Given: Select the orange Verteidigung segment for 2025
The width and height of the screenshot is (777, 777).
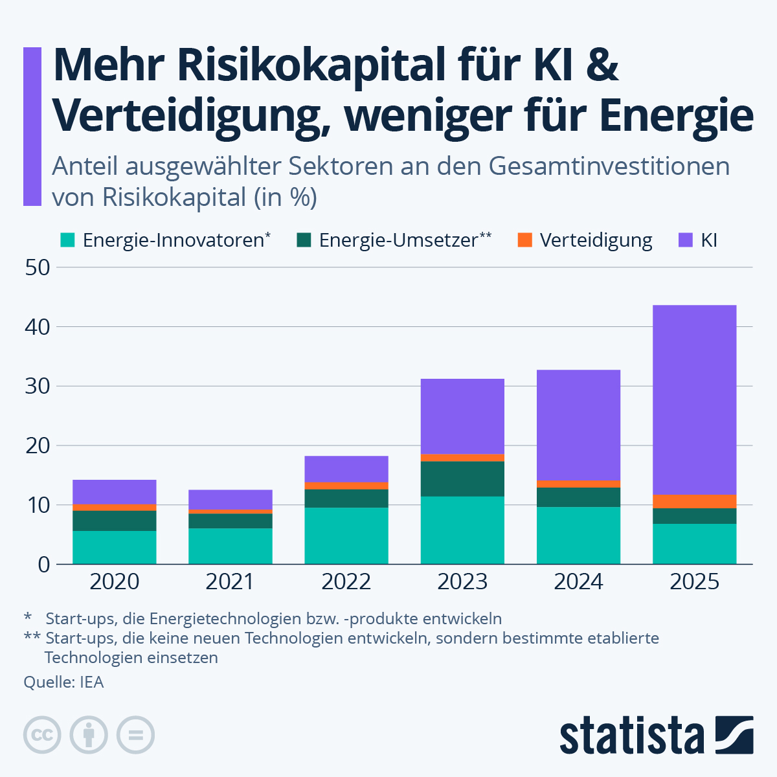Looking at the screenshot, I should point(694,501).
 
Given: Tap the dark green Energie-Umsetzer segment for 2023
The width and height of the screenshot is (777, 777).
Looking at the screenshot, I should point(462,479).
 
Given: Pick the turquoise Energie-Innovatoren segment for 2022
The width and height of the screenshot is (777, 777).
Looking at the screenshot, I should point(346,535).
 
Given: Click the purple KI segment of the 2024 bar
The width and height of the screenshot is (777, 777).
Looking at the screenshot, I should point(578,425).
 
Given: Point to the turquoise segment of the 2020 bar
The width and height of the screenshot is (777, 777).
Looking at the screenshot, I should point(114,547).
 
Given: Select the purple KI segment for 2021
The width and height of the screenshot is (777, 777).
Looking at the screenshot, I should point(231,499).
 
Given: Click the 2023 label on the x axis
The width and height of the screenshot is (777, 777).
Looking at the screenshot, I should point(462,581).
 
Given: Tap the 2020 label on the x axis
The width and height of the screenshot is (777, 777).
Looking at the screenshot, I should point(114,581).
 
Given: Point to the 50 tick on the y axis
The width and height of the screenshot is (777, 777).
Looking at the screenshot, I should point(37,267).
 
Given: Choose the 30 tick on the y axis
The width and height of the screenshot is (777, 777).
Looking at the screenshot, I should point(37,387).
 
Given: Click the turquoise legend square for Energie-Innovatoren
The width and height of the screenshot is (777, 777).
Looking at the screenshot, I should point(67,240).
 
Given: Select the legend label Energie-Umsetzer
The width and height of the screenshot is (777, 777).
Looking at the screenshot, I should point(398,240).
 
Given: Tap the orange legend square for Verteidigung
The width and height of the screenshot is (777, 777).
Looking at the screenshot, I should point(524,240).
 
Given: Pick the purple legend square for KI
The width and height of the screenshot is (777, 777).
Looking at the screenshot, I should point(685,240).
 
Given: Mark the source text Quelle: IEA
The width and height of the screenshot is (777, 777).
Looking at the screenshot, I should point(63,682).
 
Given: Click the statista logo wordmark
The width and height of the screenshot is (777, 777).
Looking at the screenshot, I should point(631,736).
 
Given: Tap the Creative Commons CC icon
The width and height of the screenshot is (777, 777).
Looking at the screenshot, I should point(42,735).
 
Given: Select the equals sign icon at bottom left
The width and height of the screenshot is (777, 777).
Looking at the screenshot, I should point(135,735).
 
